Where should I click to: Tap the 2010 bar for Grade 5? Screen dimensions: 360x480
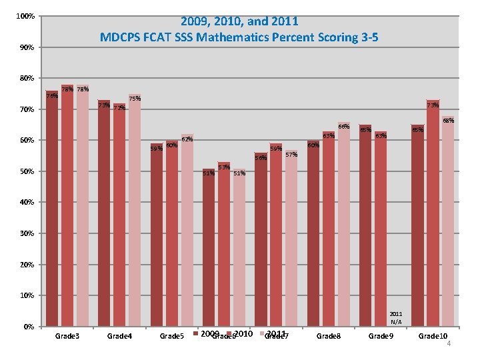tap(171, 233)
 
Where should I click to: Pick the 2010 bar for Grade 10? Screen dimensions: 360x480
tap(433, 213)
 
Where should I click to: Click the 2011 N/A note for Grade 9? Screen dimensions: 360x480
tap(396, 317)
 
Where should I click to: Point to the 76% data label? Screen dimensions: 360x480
tap(52, 96)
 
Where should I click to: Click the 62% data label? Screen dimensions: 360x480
tap(187, 139)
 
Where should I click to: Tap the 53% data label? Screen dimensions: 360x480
tap(224, 166)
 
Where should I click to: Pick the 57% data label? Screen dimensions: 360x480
tap(291, 155)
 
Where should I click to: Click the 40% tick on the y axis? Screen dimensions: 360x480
tap(26, 203)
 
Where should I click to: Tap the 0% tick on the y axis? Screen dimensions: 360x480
tap(28, 327)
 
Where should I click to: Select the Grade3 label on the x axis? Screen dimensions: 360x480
tap(67, 336)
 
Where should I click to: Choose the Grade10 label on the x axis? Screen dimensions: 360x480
tap(433, 336)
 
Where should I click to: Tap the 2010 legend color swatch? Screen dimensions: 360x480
tap(230, 333)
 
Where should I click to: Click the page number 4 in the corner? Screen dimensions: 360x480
tap(449, 343)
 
